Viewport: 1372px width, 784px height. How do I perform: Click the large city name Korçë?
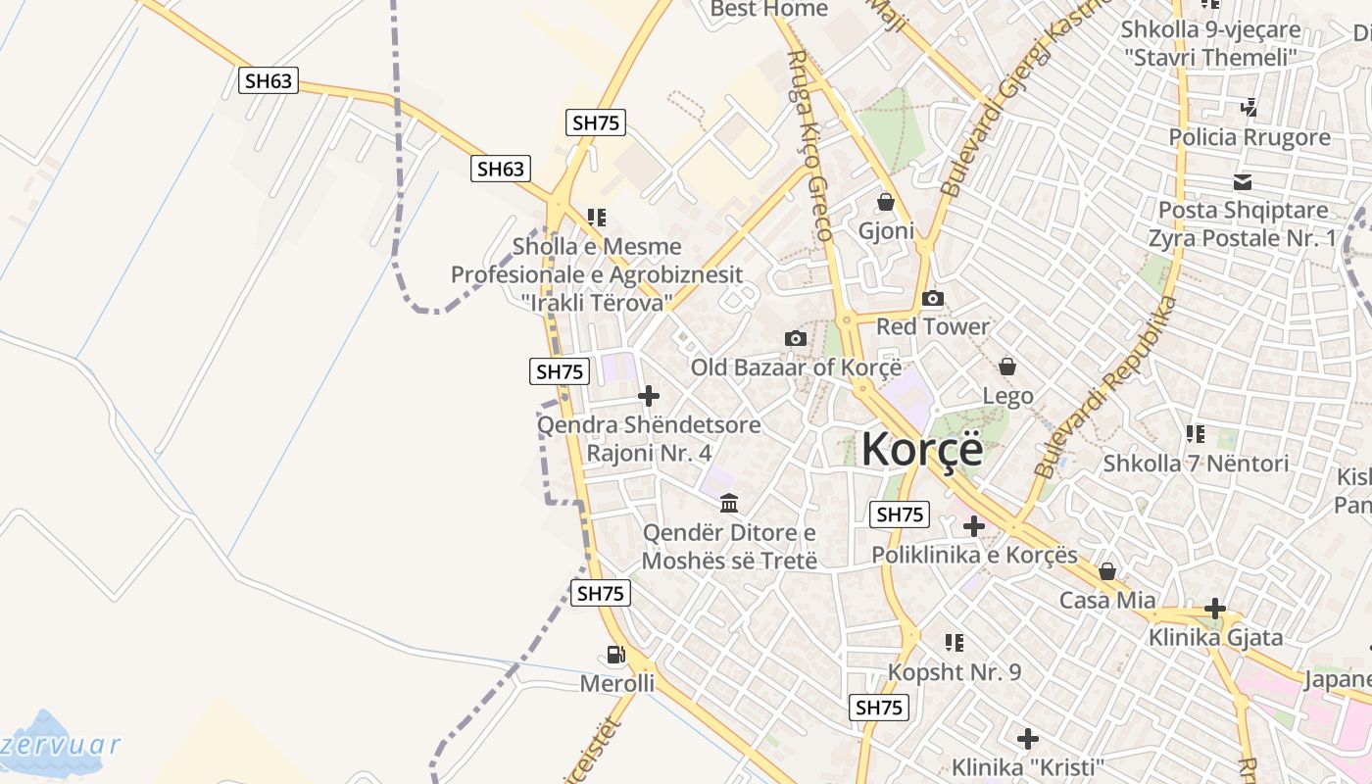tap(921, 450)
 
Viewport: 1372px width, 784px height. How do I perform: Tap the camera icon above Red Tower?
tap(933, 298)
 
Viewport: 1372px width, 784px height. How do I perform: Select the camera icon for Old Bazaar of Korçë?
tap(796, 339)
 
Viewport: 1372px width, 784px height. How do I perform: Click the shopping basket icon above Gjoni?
tap(886, 203)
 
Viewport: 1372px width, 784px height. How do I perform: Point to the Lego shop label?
tap(1007, 396)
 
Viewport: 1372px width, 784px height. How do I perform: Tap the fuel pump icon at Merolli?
tap(615, 655)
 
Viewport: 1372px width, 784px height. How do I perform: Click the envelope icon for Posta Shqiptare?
tap(1243, 181)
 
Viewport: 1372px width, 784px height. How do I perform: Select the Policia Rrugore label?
tap(1249, 137)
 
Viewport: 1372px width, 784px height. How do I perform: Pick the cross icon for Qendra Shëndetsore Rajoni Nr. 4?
tap(648, 396)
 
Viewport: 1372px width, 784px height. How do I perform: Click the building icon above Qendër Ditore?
tap(729, 504)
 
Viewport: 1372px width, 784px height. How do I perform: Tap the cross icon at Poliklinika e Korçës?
tap(973, 526)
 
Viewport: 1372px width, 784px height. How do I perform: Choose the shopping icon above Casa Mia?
tap(1107, 571)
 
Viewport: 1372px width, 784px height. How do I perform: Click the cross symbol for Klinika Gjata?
tap(1215, 609)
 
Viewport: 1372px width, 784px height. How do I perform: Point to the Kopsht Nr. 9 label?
tap(954, 672)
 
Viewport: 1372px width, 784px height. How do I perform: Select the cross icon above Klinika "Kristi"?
tap(1027, 738)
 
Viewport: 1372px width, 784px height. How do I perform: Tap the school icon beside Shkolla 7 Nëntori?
tap(1195, 433)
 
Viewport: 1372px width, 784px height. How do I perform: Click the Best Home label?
tap(768, 9)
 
